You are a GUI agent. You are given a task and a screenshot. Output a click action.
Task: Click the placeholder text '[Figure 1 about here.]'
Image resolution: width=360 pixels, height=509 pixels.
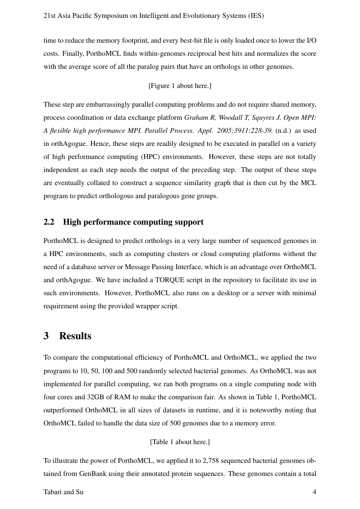180,86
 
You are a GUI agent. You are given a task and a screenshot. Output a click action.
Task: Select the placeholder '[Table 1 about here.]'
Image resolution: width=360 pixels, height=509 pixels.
180,442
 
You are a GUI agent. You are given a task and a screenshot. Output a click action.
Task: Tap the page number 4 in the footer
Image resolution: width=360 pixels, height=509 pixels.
314,492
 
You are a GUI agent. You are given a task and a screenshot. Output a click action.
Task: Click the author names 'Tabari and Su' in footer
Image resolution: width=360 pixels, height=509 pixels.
64,492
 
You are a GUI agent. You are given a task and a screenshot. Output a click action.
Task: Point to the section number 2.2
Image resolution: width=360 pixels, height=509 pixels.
49,222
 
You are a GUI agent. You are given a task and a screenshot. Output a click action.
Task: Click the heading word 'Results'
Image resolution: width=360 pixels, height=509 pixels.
75,336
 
